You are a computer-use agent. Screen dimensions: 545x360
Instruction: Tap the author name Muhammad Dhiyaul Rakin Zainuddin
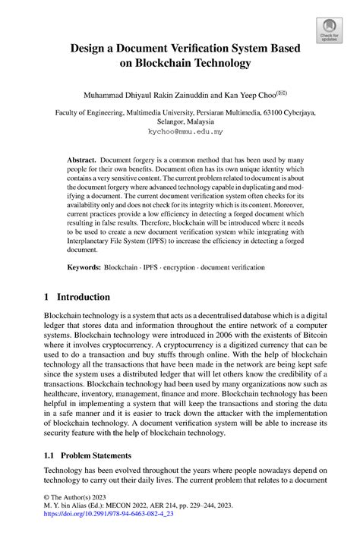tap(141, 96)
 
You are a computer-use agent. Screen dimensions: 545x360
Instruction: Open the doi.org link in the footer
tap(109, 534)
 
